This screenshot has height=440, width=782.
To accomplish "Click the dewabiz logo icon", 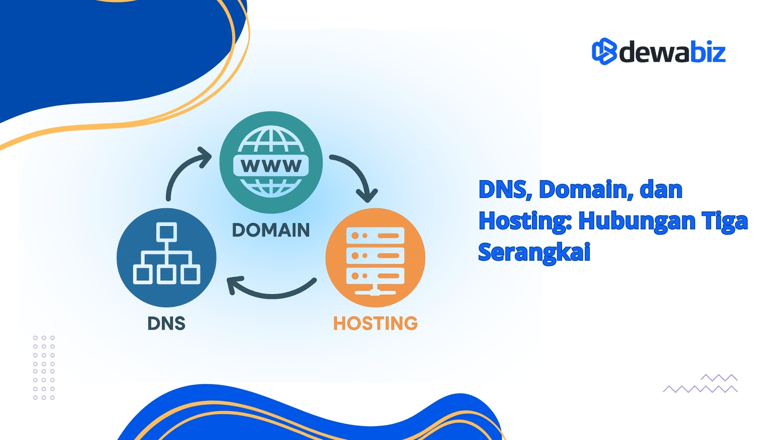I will (x=604, y=52).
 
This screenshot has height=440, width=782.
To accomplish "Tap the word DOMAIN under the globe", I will (x=271, y=230).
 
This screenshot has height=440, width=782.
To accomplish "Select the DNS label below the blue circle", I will (x=166, y=323).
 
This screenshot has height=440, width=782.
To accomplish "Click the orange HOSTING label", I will (x=375, y=323).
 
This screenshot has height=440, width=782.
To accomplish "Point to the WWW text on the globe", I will (x=271, y=166).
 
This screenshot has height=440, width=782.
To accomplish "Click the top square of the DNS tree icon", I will (x=167, y=232).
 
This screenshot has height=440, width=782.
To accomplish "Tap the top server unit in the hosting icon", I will (x=375, y=235).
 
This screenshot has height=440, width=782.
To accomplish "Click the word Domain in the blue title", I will (x=586, y=189).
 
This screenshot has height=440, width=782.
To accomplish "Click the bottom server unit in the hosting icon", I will (x=375, y=276).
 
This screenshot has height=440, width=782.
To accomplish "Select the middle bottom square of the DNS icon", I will (x=167, y=274).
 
